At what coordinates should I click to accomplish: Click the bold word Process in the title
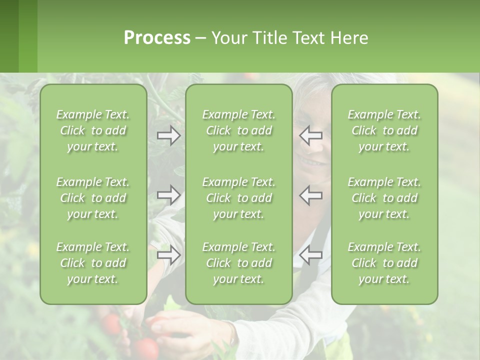[157, 38]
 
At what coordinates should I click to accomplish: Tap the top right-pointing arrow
[169, 135]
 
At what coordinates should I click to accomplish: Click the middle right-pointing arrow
[169, 194]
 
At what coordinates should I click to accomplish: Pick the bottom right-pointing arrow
[169, 255]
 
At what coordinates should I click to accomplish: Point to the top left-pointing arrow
[311, 135]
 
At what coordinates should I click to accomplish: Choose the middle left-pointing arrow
[311, 194]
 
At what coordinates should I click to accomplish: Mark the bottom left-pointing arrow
[311, 255]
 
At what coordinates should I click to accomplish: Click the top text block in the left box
[93, 130]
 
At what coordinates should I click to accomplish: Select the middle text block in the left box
[93, 198]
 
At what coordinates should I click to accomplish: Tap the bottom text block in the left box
[93, 263]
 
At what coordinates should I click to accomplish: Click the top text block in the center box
[238, 130]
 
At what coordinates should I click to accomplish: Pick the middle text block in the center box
[238, 198]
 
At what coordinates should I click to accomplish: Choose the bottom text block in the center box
[238, 263]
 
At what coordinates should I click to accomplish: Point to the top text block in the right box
[384, 130]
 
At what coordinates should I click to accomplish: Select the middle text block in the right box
[384, 198]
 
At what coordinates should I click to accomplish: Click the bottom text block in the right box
[384, 263]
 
